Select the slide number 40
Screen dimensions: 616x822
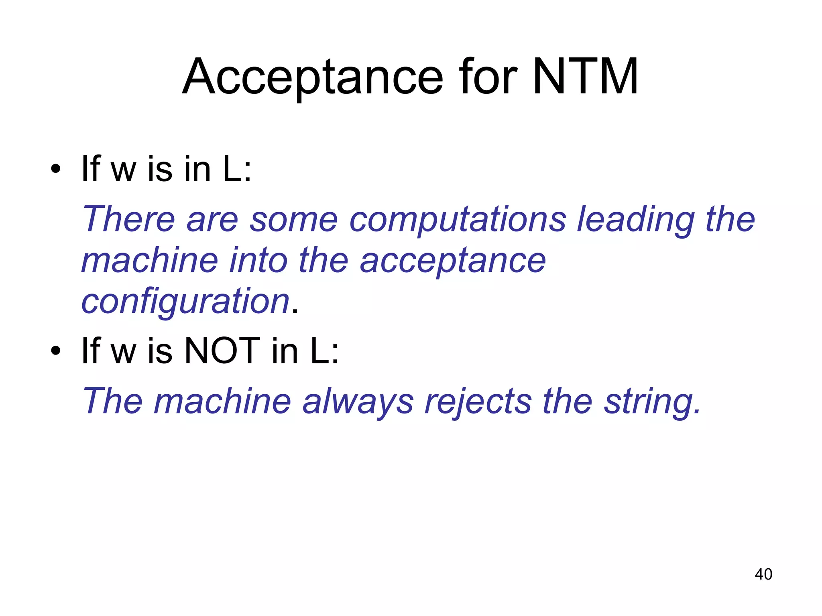[763, 574]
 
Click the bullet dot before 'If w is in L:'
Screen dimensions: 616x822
[56, 169]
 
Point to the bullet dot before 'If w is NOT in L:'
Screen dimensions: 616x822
[56, 351]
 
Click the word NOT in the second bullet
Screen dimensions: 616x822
[222, 351]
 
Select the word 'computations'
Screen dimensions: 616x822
[458, 220]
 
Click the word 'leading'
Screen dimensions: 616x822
[636, 220]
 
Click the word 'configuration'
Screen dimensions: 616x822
[185, 302]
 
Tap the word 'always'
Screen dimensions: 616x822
[358, 402]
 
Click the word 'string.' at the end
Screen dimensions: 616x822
[652, 402]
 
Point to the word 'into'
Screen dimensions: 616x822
[258, 261]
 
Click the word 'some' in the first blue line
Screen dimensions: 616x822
[294, 220]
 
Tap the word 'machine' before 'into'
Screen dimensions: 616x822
[150, 261]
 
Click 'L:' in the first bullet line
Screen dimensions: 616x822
[237, 169]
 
